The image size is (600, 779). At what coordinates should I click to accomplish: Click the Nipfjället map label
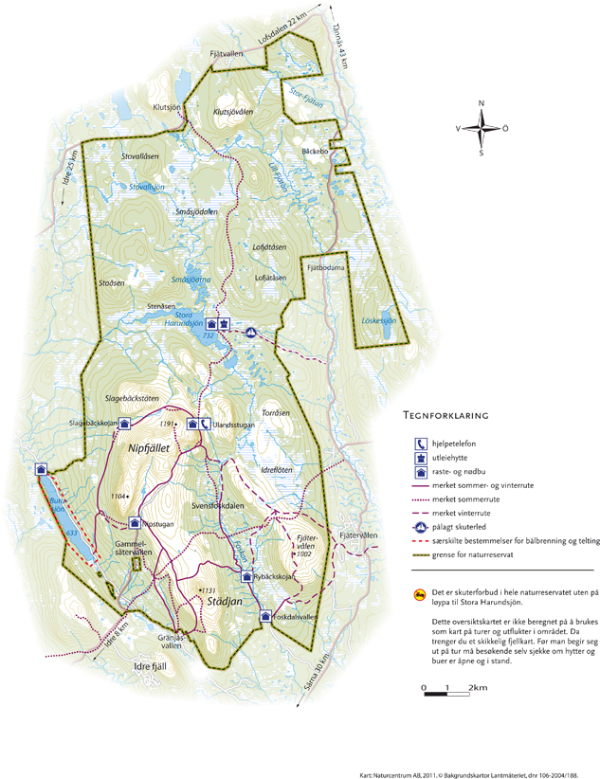[x=143, y=444]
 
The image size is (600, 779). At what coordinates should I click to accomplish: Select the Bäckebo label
[x=314, y=151]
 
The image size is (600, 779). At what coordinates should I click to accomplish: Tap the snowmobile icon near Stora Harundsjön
[x=251, y=332]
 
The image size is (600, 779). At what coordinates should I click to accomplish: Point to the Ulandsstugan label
[x=233, y=424]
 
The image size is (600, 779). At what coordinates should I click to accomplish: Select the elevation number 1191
[x=169, y=423]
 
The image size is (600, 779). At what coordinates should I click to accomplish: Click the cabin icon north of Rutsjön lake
[x=41, y=468]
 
